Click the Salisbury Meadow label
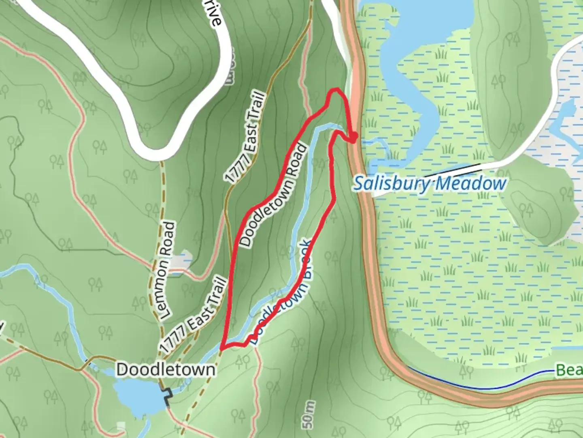coord(430,183)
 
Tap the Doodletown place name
coord(166,369)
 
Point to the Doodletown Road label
coord(274,195)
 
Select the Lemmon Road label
coord(166,270)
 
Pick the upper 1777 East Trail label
coord(247,138)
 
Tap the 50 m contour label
coord(309,415)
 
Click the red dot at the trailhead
coord(353,138)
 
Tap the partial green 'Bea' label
coord(569,370)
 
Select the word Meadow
coord(470,183)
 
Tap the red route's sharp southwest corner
coord(221,348)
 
